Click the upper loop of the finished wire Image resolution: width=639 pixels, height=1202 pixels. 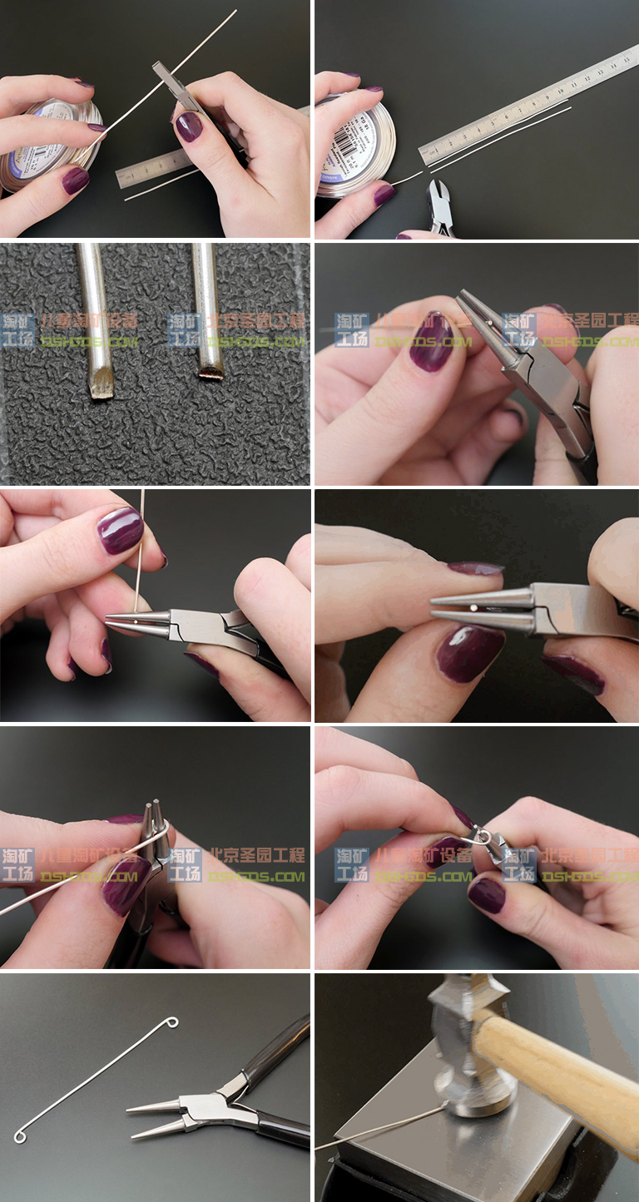coord(171,1021)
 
